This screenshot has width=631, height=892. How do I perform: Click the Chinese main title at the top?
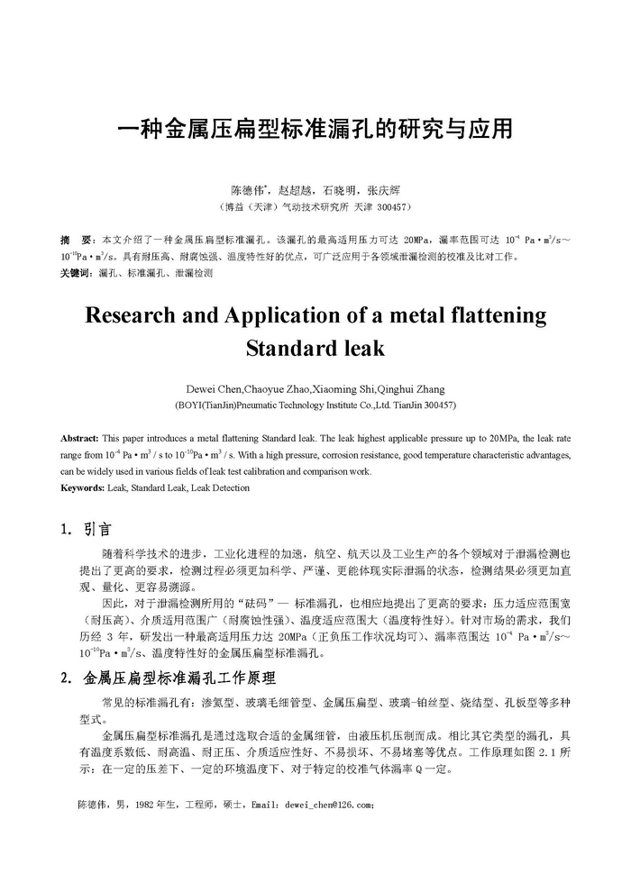tap(315, 130)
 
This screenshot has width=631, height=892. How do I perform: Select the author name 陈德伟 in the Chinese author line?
tap(247, 191)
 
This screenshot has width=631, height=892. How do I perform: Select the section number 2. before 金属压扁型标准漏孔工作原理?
tap(67, 677)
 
